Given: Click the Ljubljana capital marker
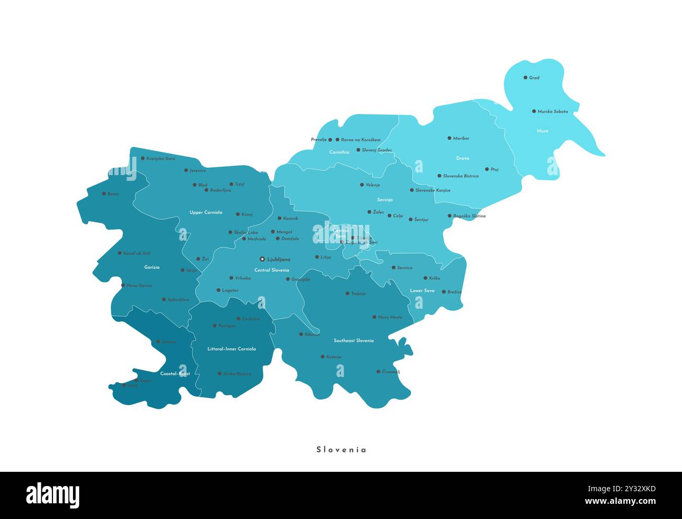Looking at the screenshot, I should (262, 259).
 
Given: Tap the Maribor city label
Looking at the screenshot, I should (461, 138).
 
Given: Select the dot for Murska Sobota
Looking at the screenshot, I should (534, 111).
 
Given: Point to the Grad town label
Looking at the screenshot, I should (534, 78).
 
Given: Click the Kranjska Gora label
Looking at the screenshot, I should (161, 158).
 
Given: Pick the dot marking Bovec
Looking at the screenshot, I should (104, 193).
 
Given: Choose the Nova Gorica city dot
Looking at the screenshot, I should (123, 286).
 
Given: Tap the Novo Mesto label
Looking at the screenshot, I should (390, 317).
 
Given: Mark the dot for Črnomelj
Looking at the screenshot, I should (378, 372).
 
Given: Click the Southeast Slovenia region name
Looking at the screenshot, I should (354, 341).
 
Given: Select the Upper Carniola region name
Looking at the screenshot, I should (206, 212).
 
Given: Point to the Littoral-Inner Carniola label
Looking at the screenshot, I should (231, 349).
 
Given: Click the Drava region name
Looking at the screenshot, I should (462, 158).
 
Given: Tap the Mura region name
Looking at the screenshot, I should (542, 131).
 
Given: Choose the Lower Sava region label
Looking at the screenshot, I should (422, 290).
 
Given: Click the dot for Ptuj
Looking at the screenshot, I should (487, 169).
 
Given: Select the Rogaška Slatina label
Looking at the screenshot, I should (470, 216).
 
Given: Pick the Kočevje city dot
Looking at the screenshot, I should (323, 356).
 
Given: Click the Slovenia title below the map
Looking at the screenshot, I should (341, 450).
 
